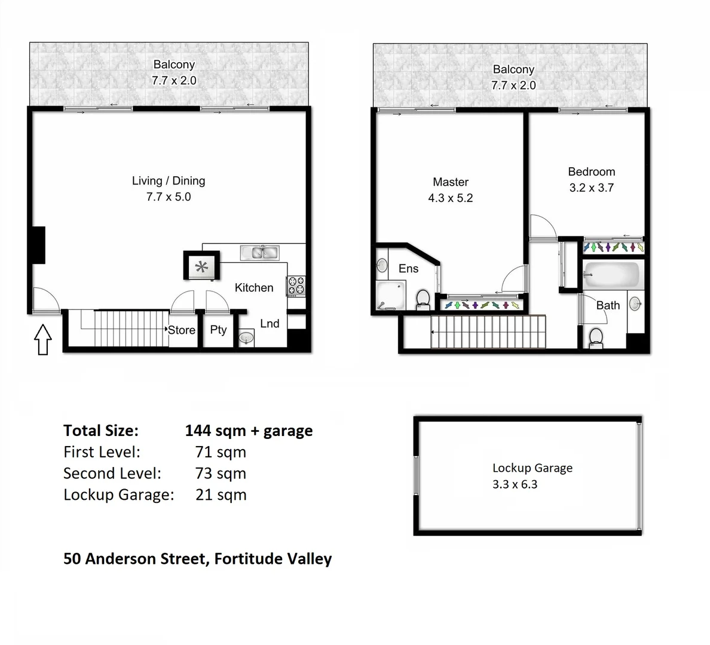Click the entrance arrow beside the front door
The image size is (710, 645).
tap(42, 339)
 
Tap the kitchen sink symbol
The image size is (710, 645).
tap(259, 253)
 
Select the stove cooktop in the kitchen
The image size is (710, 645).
tap(296, 285)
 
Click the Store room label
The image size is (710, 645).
tap(182, 330)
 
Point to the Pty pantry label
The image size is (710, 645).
tap(218, 330)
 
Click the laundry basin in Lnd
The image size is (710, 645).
tap(246, 339)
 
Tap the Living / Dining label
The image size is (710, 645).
tap(169, 181)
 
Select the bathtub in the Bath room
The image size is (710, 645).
tap(611, 275)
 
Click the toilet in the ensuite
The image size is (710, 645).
tap(423, 299)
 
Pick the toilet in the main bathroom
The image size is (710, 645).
tap(596, 337)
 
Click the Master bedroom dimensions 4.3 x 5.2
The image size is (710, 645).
tap(450, 198)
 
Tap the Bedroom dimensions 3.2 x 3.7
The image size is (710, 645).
tap(591, 188)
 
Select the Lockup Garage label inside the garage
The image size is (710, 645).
tap(532, 468)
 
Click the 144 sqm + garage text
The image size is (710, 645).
tap(249, 431)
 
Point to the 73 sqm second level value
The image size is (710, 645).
tap(221, 474)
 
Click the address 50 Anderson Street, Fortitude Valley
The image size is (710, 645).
tap(197, 559)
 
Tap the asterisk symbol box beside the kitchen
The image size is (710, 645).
tap(201, 265)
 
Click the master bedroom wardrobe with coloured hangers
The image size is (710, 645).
tap(483, 305)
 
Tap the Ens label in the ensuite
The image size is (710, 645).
tap(408, 269)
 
